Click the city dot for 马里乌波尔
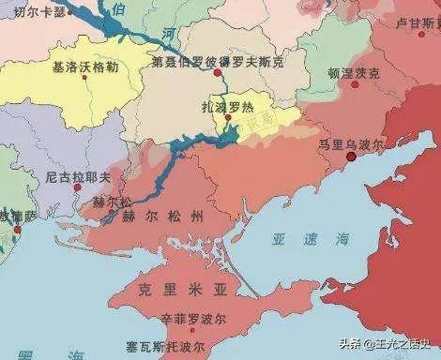(x=352, y=158)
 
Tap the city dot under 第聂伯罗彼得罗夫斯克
(x=217, y=71)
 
